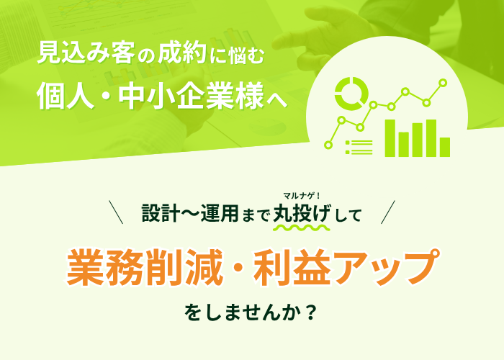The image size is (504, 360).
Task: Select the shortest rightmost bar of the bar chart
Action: [445, 147]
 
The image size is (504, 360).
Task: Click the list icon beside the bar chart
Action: [359, 147]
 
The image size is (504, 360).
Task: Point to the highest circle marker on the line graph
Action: [443, 83]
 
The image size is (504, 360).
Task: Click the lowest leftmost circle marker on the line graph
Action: [328, 145]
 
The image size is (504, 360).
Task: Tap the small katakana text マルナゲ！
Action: [302, 195]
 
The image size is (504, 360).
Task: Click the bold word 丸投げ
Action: [302, 213]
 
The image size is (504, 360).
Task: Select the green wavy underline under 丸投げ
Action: [302, 228]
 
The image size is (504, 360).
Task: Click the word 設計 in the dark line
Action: [160, 213]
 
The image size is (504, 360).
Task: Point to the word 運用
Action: [220, 213]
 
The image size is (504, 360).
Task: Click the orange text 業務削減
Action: [144, 267]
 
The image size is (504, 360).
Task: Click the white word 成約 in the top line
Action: [182, 53]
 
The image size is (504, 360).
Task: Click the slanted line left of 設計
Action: [116, 212]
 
